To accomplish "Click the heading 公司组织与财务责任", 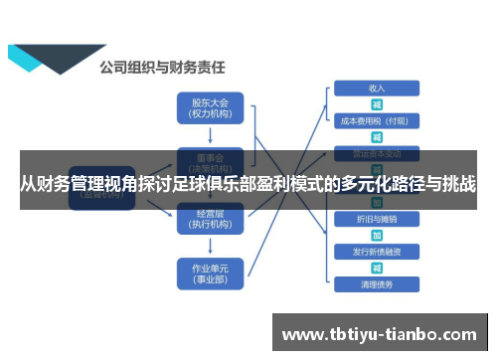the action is pos(162,68).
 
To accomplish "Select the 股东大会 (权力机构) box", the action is pos(209,107).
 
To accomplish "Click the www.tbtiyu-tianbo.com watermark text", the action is pos(382,332).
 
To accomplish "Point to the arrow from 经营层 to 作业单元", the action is pos(209,246).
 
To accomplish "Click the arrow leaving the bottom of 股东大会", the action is pos(209,135).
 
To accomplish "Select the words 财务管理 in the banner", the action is pos(58,185).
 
